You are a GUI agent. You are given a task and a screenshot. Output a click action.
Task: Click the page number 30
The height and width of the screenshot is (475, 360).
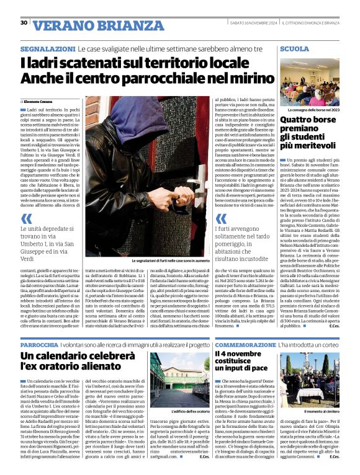point(24,22)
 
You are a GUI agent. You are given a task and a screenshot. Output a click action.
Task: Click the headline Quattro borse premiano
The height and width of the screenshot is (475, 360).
point(308,130)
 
